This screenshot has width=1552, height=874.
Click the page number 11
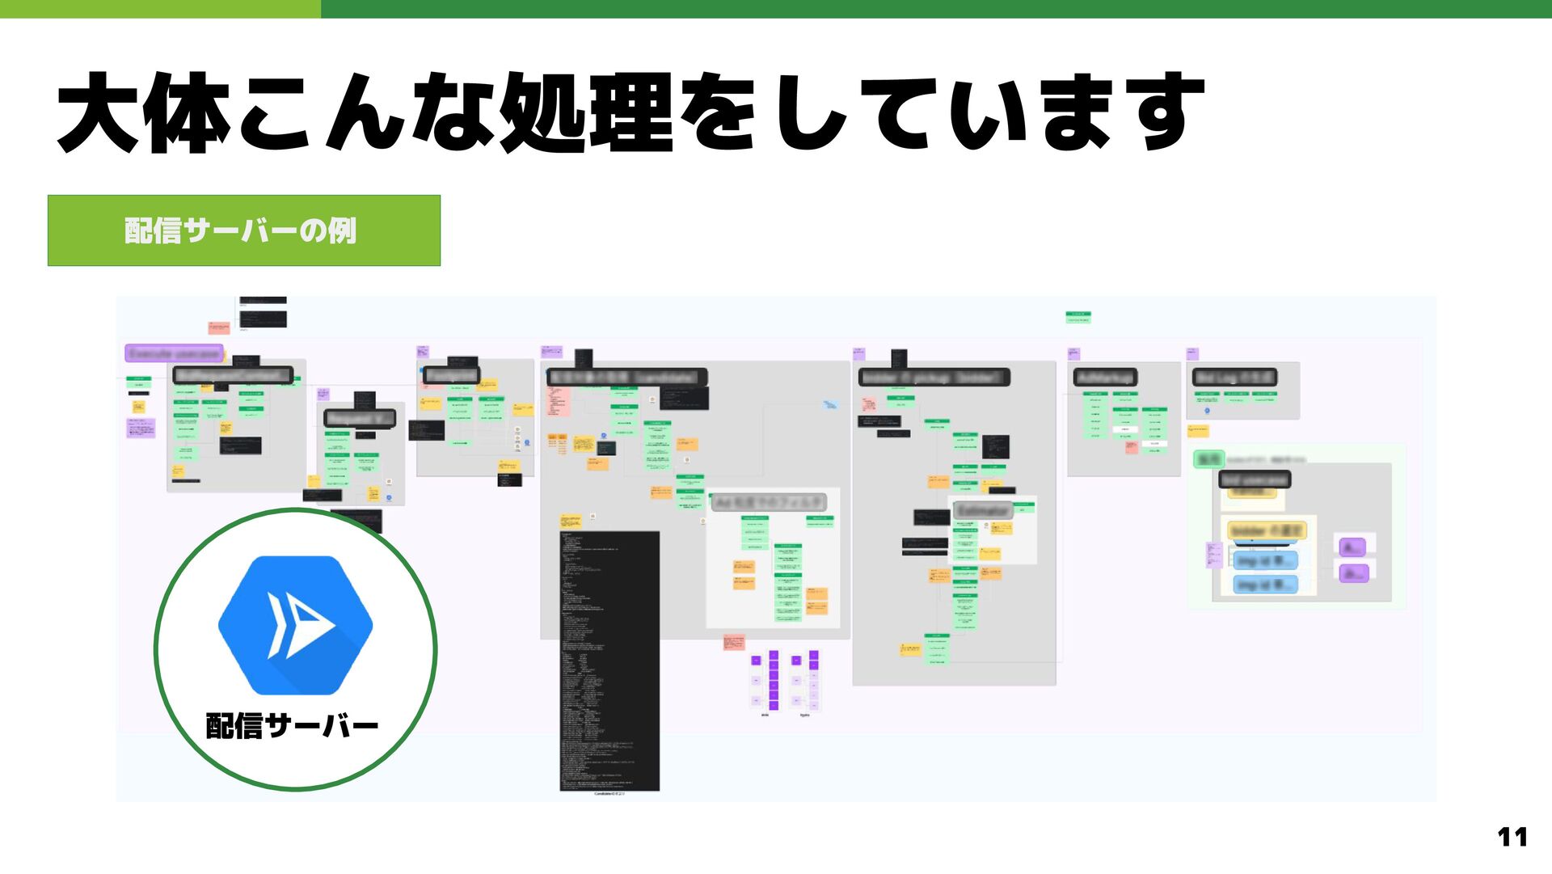tap(1512, 837)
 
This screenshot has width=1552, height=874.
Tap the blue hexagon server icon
tap(295, 624)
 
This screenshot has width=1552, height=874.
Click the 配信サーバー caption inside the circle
tap(292, 725)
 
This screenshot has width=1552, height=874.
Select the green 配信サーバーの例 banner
tap(243, 230)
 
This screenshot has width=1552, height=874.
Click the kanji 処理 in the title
tap(587, 113)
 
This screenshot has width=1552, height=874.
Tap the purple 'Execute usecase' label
tap(174, 354)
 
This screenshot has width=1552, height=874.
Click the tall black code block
tap(609, 660)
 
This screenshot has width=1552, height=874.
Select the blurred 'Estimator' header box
tap(983, 511)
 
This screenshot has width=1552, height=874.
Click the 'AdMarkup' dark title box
tap(1105, 378)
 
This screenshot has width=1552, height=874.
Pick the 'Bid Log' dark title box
tap(1234, 378)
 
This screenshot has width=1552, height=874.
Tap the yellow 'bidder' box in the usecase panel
tap(1267, 530)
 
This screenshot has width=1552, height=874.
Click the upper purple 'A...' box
tap(1352, 547)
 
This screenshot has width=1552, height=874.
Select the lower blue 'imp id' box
tap(1265, 585)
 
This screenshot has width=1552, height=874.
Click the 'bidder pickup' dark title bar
tap(934, 378)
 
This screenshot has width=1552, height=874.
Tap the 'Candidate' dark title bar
tap(626, 378)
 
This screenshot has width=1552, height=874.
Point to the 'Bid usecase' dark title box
tap(1254, 479)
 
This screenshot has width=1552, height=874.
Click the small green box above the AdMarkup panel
tap(1078, 317)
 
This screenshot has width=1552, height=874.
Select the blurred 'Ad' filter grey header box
tap(769, 503)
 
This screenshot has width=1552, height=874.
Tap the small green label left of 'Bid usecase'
tap(1208, 459)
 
